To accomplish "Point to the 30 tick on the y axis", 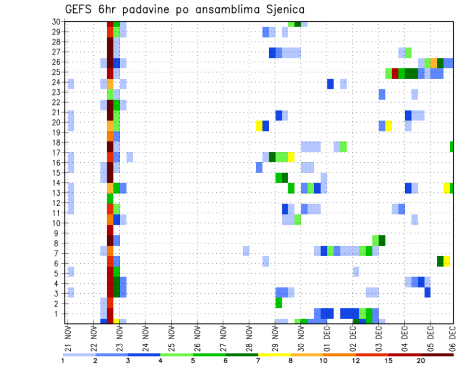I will pyautogui.click(x=57, y=22).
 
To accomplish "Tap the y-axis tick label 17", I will pyautogui.click(x=57, y=153).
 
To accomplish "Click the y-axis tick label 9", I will pyautogui.click(x=58, y=233).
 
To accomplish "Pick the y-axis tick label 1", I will pyautogui.click(x=58, y=314).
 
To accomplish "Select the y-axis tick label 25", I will pyautogui.click(x=57, y=72).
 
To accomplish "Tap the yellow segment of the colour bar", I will pyautogui.click(x=275, y=355).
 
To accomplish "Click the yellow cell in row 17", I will pyautogui.click(x=291, y=157).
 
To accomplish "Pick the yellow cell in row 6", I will pyautogui.click(x=447, y=261).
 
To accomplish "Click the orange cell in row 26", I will pyautogui.click(x=433, y=63).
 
